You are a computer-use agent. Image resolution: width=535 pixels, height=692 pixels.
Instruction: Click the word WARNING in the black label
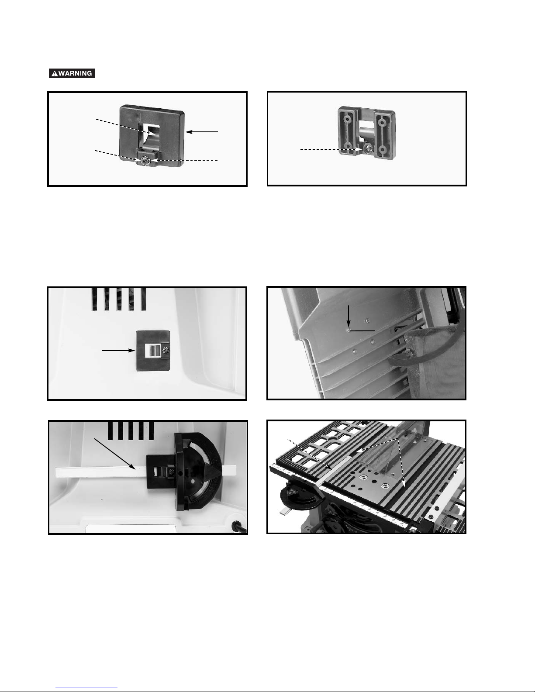pyautogui.click(x=75, y=73)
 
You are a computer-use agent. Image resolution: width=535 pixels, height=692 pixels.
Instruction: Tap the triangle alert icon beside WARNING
pyautogui.click(x=55, y=73)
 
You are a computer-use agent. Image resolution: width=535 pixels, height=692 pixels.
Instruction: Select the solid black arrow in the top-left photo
pyautogui.click(x=202, y=131)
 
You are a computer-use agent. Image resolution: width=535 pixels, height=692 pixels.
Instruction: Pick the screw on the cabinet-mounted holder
pyautogui.click(x=165, y=350)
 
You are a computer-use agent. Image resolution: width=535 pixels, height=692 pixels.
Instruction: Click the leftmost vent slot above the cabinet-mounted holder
pyautogui.click(x=95, y=300)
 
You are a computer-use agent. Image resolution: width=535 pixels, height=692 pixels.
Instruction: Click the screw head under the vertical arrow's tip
pyautogui.click(x=349, y=331)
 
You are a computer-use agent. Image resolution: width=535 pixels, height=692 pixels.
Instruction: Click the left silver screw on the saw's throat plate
pyautogui.click(x=363, y=478)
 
